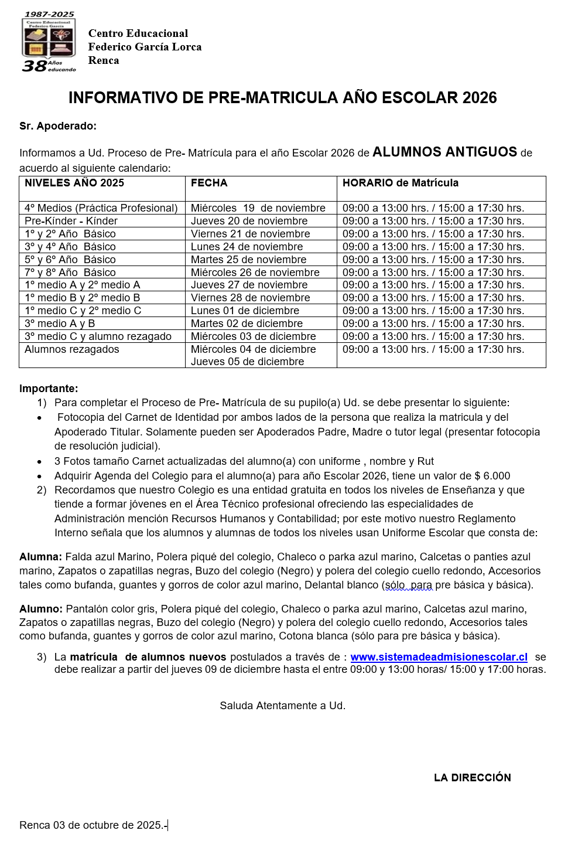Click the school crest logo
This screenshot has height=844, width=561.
click(49, 42)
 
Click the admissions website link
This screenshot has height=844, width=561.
click(439, 657)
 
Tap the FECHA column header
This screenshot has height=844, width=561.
click(209, 183)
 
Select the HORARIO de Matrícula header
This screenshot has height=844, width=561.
click(400, 183)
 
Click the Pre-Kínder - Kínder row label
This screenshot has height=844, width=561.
click(71, 221)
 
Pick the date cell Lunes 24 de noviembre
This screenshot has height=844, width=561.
click(247, 247)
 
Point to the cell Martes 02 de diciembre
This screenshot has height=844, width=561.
click(247, 324)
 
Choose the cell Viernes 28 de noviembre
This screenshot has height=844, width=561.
click(250, 298)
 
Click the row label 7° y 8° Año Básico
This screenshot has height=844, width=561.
click(70, 273)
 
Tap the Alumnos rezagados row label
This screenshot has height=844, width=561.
click(71, 349)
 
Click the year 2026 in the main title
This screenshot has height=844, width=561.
click(479, 98)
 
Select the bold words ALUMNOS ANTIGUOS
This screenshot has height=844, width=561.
click(444, 152)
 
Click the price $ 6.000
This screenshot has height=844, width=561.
click(492, 476)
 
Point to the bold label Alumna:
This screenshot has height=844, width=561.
click(40, 557)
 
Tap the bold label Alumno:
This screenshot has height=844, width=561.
click(40, 609)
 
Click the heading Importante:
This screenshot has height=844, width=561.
click(49, 389)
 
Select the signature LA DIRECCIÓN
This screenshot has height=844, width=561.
click(472, 778)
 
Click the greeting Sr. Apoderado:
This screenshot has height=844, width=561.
click(57, 126)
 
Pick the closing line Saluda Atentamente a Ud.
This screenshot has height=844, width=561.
click(282, 706)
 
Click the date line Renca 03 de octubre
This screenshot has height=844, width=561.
click(93, 825)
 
